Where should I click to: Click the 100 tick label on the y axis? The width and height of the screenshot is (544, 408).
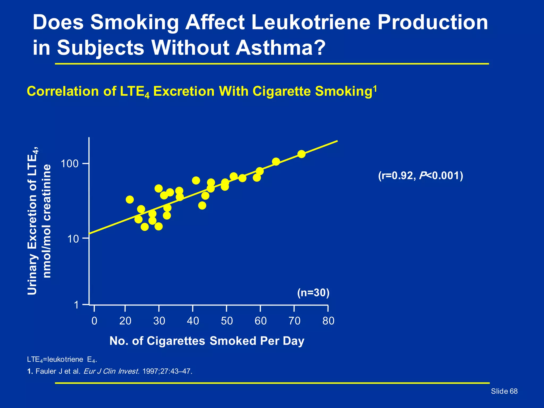click(x=70, y=164)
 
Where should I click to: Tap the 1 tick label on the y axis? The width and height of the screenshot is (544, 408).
click(x=76, y=305)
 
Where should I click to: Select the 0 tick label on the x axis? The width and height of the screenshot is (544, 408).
click(x=94, y=321)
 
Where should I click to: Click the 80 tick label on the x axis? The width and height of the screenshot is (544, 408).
click(x=328, y=321)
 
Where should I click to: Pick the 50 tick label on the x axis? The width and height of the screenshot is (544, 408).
click(x=227, y=321)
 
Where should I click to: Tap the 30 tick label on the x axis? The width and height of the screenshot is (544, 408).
click(x=159, y=321)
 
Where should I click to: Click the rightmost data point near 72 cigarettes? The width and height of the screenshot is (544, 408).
click(x=301, y=154)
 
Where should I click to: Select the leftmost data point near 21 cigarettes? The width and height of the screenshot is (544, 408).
click(x=130, y=199)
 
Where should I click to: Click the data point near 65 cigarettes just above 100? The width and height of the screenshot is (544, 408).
click(x=276, y=161)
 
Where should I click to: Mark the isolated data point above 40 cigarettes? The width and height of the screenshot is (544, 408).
click(x=196, y=181)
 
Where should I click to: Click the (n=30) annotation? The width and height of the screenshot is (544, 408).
click(x=313, y=293)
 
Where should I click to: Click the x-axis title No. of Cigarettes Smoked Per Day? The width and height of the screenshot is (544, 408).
click(x=207, y=341)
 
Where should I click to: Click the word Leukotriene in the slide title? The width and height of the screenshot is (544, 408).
click(x=311, y=22)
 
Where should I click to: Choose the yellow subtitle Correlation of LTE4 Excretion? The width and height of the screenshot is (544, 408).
click(x=202, y=92)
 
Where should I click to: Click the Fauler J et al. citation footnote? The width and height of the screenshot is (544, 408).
click(x=109, y=371)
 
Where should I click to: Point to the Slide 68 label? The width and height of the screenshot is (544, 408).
click(x=504, y=391)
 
